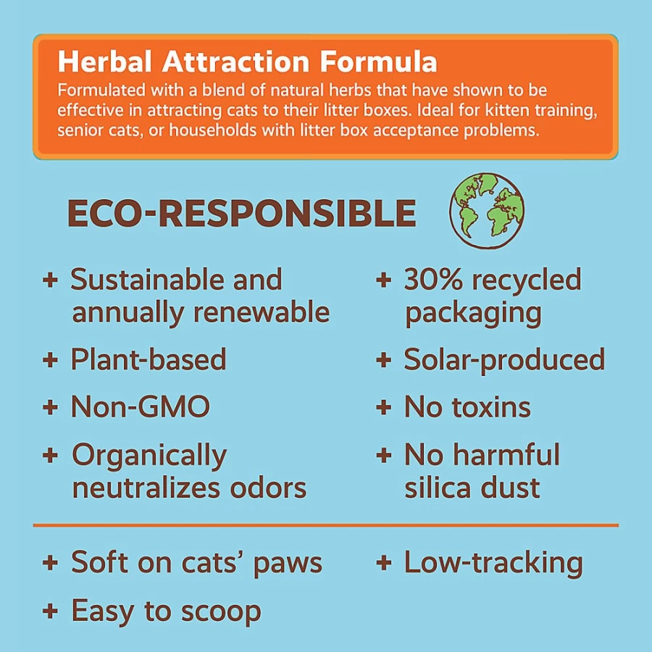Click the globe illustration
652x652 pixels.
[487, 212]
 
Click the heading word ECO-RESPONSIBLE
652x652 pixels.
[241, 213]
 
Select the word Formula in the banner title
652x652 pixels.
[378, 62]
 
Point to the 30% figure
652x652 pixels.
[433, 280]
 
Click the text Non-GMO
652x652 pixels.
[141, 406]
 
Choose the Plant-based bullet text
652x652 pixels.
[149, 359]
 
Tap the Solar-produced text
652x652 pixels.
[504, 359]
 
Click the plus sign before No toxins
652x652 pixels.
[383, 406]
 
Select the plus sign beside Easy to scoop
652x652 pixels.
[50, 611]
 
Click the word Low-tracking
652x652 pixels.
[493, 563]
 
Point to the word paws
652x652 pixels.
[288, 564]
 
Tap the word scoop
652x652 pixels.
[221, 612]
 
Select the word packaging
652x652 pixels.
[473, 314]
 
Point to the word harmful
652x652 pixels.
[506, 454]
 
